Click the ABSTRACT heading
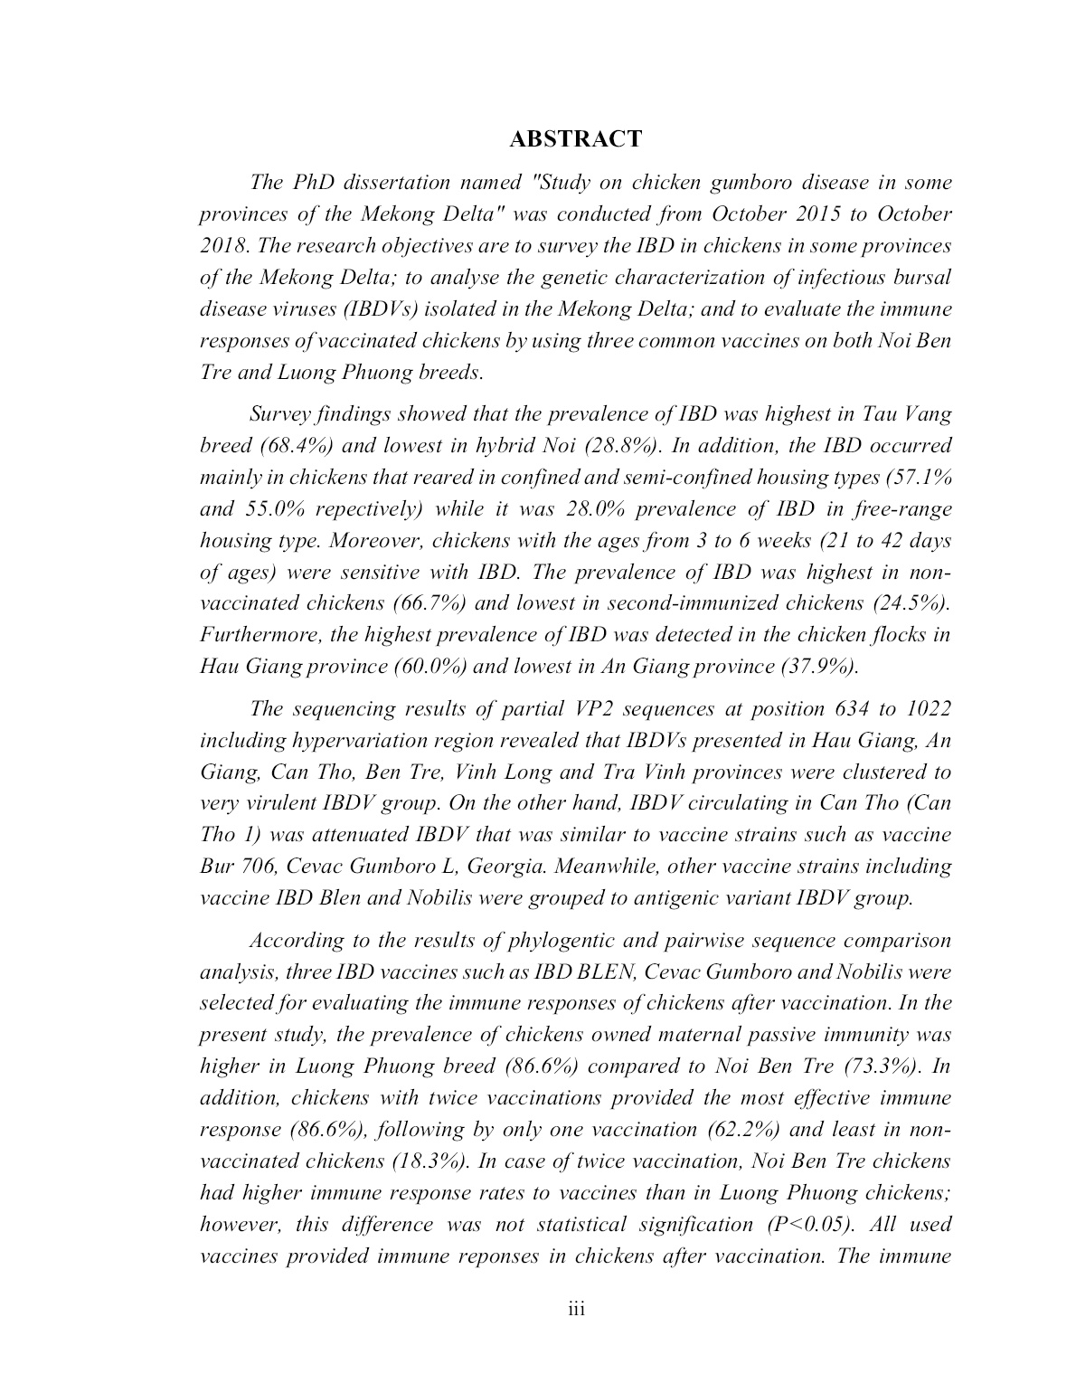click(575, 138)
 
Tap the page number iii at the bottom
click(576, 1309)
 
